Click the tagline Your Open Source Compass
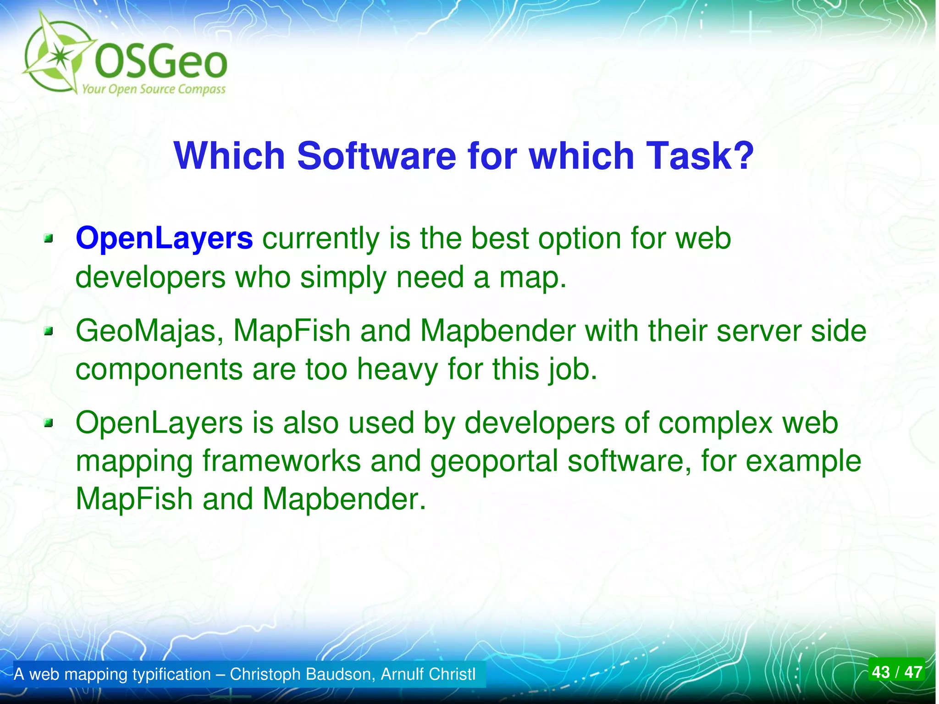tap(154, 89)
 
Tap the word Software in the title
tap(376, 156)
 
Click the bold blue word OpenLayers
tap(164, 238)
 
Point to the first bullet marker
tap(49, 238)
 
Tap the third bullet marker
tap(49, 423)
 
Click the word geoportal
tap(493, 461)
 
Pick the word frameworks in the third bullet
tap(282, 461)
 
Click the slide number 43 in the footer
tap(881, 672)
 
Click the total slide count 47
tap(913, 672)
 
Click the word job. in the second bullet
tap(573, 370)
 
